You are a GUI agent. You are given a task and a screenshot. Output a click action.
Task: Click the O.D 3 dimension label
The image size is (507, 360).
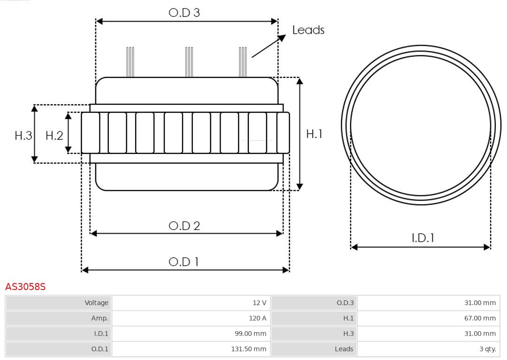click(x=184, y=13)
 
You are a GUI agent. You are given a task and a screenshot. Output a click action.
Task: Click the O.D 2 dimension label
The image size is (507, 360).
click(x=184, y=226)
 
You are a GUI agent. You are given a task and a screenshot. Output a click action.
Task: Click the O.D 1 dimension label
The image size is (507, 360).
click(x=184, y=261)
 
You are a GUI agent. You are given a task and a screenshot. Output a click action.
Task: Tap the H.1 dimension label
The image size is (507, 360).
click(x=314, y=134)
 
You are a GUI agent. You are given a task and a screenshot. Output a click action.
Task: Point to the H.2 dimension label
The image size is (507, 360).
click(x=54, y=136)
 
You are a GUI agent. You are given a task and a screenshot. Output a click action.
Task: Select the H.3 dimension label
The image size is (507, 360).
click(x=23, y=136)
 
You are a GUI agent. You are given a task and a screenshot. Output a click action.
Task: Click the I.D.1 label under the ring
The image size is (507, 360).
click(x=422, y=238)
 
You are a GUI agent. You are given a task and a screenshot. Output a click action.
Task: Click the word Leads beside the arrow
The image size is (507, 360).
click(x=308, y=30)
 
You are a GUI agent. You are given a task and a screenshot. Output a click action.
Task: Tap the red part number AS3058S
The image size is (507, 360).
click(x=25, y=286)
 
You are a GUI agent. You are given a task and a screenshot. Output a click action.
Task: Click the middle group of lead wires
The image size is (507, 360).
click(x=189, y=61)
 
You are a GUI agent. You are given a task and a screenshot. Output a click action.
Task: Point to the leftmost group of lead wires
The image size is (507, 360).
click(x=130, y=61)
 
